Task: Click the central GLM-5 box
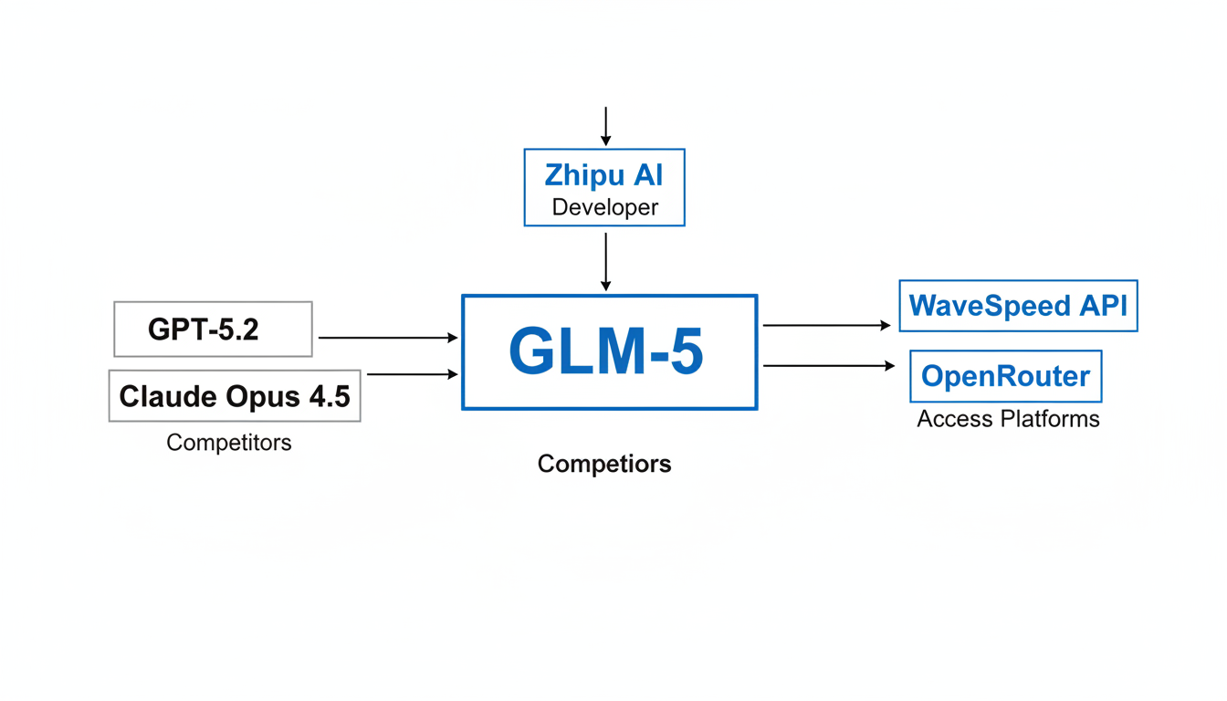(609, 352)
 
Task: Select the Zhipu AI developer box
(603, 187)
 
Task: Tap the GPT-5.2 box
(213, 329)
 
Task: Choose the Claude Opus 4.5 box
(235, 395)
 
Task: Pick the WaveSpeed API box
(1018, 305)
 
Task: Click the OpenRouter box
(1005, 376)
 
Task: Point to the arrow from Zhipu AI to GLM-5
(605, 261)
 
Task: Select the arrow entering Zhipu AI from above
(605, 126)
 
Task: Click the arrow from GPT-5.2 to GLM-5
(387, 338)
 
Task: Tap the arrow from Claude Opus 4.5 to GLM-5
(412, 374)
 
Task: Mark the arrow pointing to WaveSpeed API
(826, 325)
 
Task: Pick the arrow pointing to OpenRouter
(829, 366)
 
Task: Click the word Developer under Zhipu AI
(604, 207)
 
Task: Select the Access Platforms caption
(1008, 419)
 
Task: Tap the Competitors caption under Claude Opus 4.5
(229, 443)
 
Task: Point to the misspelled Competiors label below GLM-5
(604, 464)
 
